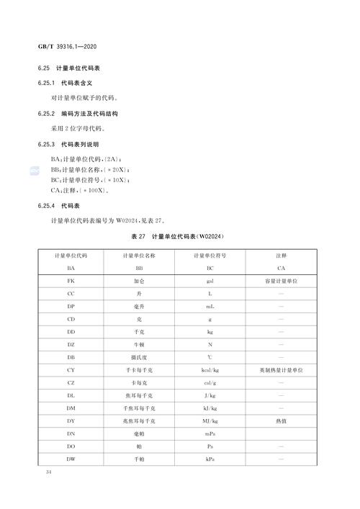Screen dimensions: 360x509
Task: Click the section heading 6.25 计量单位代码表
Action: (72, 69)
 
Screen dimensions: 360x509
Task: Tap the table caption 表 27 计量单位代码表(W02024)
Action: (180, 236)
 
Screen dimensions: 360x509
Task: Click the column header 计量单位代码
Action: (71, 256)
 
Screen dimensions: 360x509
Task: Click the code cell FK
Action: (71, 281)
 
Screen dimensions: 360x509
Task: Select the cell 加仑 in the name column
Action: (140, 281)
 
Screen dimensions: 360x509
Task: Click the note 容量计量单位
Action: (281, 281)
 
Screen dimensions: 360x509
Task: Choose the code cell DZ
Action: (71, 345)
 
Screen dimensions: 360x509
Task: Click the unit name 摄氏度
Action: (140, 357)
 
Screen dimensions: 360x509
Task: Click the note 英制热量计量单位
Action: (281, 370)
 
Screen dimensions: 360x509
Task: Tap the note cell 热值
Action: (281, 420)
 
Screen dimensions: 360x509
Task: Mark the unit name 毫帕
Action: (140, 433)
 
